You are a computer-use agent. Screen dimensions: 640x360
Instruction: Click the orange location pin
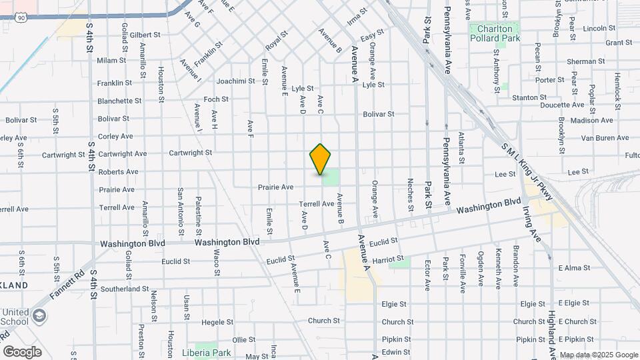[x=321, y=159]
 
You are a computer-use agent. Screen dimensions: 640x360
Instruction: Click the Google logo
[x=22, y=352]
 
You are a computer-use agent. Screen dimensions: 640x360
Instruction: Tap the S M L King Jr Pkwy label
[x=526, y=170]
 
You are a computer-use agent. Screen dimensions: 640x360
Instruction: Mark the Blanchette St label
[x=119, y=101]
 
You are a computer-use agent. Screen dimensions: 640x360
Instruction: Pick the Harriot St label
[x=389, y=258]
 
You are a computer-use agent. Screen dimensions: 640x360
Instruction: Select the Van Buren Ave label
[x=605, y=138]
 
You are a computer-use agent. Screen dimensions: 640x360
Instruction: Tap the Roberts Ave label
[x=118, y=172]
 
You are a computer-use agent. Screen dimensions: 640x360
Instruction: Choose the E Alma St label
[x=575, y=268]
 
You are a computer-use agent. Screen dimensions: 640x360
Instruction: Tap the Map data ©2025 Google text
[x=598, y=355]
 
